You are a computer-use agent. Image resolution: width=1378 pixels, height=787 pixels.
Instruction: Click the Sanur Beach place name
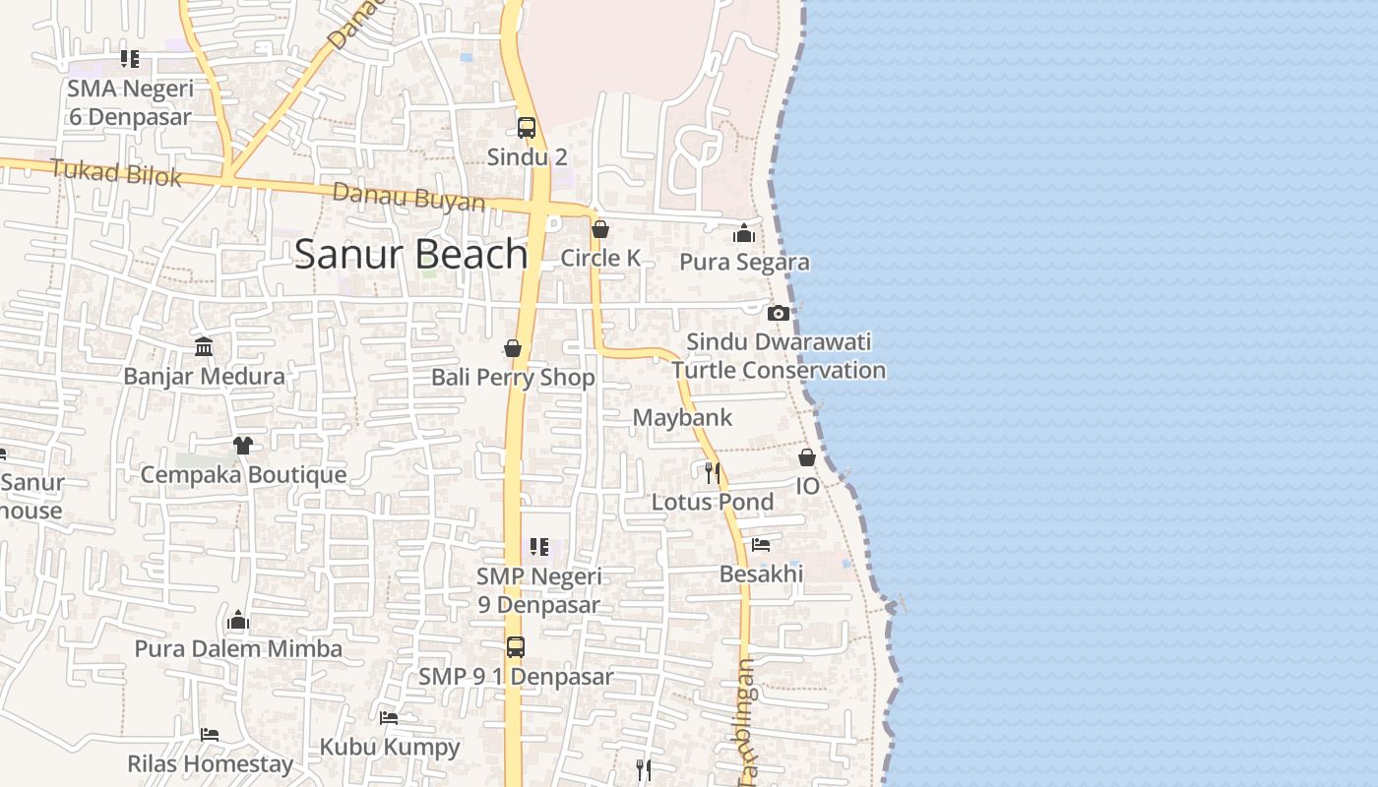point(411,254)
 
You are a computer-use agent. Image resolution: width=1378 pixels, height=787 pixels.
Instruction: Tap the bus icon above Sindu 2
point(527,128)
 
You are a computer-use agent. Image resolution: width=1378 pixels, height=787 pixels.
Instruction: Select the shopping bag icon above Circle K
point(599,230)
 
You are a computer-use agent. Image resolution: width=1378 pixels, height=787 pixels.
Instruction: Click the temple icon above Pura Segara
point(744,233)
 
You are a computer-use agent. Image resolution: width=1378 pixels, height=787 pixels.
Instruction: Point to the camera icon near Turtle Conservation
point(779,313)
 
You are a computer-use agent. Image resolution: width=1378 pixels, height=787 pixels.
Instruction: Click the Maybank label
point(682,417)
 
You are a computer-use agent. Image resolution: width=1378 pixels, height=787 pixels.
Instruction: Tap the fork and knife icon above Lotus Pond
point(713,473)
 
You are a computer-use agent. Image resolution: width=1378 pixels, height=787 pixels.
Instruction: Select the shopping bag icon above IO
point(807,457)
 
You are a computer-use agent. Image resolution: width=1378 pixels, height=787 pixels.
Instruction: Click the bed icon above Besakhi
point(761,544)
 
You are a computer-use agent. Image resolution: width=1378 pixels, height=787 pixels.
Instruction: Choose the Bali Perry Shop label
point(513,378)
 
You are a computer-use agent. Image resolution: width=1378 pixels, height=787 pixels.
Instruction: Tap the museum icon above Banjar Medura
point(204,346)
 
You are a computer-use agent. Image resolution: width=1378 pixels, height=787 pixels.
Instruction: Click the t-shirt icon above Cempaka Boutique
point(243,446)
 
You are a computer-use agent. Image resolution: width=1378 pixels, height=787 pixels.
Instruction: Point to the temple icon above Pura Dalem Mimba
point(238,620)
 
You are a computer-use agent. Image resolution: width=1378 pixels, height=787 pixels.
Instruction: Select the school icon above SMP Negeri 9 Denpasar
point(538,546)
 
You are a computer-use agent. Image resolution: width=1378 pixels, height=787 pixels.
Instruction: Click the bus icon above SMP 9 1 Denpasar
point(516,647)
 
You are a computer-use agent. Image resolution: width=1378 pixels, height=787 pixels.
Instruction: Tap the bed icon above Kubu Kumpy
point(389,718)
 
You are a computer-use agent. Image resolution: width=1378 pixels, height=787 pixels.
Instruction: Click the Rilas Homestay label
point(211,763)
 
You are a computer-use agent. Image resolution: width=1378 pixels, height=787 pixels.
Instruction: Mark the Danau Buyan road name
point(408,197)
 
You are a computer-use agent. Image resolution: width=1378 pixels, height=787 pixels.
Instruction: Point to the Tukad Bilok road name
point(116,172)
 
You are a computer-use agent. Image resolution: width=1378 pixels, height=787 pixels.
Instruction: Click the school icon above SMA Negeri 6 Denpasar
point(130,59)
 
